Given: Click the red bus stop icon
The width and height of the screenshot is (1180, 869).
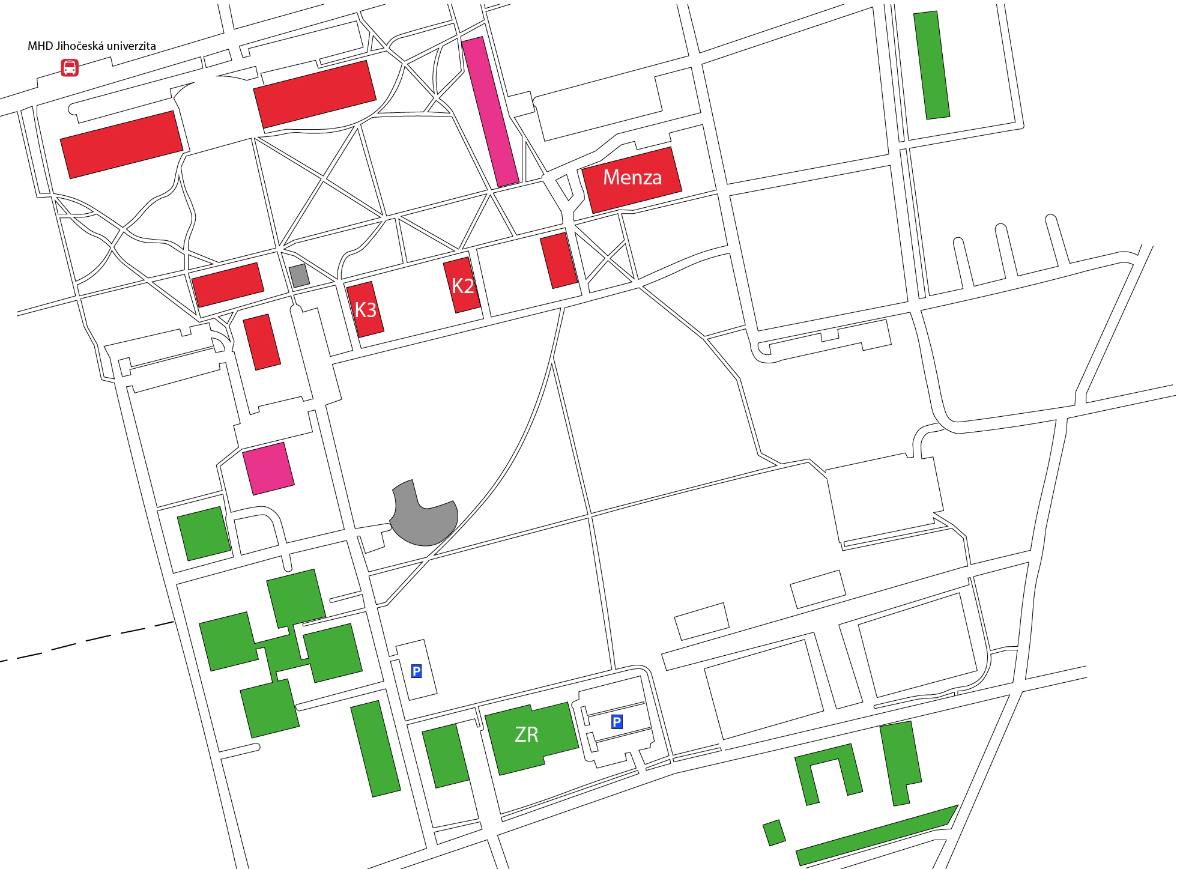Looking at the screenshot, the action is click(70, 67).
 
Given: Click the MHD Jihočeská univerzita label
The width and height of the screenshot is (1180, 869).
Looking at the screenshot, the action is click(92, 46).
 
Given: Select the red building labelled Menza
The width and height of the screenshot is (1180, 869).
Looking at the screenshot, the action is click(632, 180).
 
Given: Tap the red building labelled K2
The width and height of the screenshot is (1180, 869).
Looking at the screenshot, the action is click(462, 285).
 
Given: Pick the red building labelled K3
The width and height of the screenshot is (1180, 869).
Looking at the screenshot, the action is click(365, 309).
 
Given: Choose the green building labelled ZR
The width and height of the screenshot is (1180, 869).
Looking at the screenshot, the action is click(531, 738).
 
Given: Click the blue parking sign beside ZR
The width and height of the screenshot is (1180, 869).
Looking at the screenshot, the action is click(617, 722).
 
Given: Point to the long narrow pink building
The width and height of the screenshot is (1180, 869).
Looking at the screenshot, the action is click(490, 112).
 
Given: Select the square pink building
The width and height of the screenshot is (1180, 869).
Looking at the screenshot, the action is click(268, 468).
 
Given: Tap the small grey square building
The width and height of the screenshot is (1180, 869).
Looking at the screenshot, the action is click(299, 276).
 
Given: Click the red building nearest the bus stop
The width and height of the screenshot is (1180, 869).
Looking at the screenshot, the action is click(122, 145).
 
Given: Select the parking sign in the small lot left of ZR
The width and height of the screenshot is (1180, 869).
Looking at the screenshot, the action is click(416, 671).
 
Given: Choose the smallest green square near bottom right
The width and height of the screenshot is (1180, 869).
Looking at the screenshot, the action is click(774, 833).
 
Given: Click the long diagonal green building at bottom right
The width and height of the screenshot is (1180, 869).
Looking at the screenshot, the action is click(877, 835).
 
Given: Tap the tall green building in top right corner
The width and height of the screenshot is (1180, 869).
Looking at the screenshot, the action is click(931, 65).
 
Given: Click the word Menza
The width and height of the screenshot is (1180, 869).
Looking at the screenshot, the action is click(632, 177).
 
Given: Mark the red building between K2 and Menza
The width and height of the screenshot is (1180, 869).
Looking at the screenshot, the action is click(558, 261).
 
